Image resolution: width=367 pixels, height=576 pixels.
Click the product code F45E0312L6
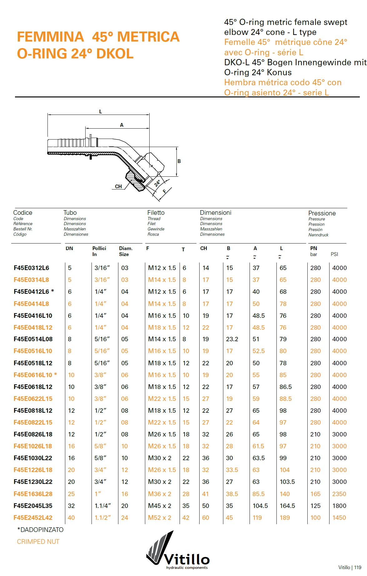point(31,268)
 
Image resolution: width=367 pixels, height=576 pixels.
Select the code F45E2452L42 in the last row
point(33,518)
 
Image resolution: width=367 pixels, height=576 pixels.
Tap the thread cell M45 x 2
point(160,506)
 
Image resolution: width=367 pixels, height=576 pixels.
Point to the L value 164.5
point(287,506)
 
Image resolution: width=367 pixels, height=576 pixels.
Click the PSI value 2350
point(339,494)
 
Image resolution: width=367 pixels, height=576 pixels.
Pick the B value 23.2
point(232,339)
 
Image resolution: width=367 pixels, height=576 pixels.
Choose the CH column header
point(204,249)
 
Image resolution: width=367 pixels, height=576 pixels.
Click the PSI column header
point(334,254)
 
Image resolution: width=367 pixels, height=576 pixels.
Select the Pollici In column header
point(99,251)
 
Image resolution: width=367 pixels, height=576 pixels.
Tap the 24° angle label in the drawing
point(157,183)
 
